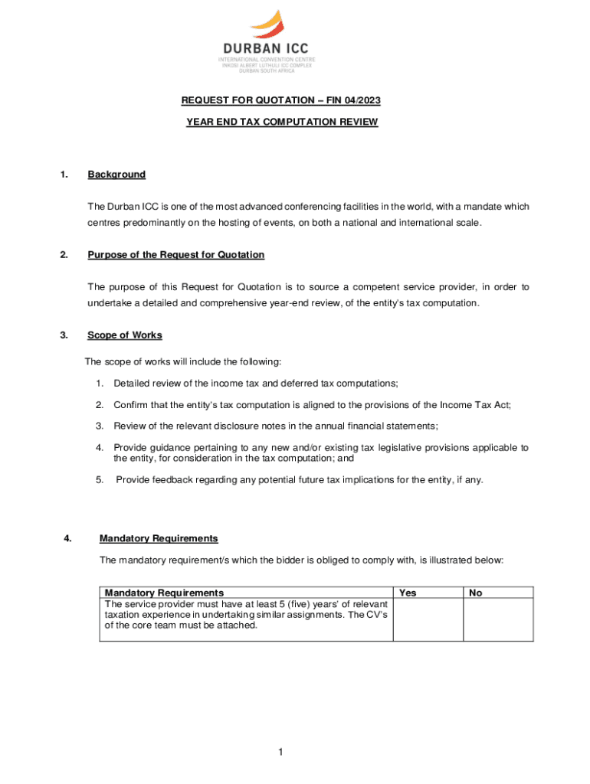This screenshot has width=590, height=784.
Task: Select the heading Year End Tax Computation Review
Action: click(x=282, y=122)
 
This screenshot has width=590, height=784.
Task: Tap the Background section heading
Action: click(x=116, y=175)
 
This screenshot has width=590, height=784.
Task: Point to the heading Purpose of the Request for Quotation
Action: click(x=175, y=255)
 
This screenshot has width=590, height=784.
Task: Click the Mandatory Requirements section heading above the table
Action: click(x=159, y=538)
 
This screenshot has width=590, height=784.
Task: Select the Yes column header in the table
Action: click(x=408, y=593)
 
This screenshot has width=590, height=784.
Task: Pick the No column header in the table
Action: click(x=476, y=593)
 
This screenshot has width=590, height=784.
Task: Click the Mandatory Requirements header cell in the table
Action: click(x=164, y=593)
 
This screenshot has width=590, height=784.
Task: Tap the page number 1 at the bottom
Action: click(x=281, y=753)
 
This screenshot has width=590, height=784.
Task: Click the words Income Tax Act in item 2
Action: click(x=475, y=404)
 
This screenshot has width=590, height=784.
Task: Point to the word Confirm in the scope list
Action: click(x=132, y=404)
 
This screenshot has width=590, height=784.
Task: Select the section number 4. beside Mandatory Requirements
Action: click(x=69, y=538)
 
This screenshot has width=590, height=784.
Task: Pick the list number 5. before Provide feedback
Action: click(x=100, y=480)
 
